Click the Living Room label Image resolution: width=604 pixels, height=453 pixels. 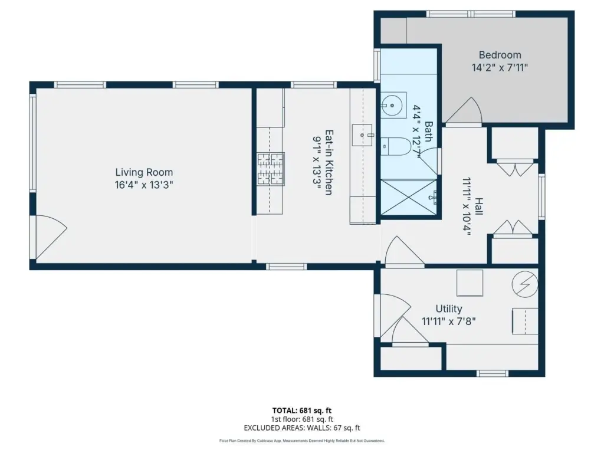(x=144, y=172)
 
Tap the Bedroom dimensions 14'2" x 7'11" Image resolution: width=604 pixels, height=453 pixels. (x=500, y=68)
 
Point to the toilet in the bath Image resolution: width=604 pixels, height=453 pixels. (x=396, y=147)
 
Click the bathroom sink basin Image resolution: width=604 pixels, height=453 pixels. (x=392, y=105)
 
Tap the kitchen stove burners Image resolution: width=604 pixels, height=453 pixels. (x=270, y=169)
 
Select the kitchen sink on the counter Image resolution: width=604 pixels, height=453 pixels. (x=363, y=135)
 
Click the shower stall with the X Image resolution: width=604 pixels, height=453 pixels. (x=409, y=197)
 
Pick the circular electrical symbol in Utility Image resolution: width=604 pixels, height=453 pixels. (x=524, y=285)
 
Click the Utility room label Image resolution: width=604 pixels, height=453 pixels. (x=449, y=308)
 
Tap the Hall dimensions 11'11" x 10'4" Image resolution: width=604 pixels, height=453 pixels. (x=467, y=206)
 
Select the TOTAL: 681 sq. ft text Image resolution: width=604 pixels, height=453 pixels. (x=301, y=411)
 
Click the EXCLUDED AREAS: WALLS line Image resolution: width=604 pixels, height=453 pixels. (x=301, y=428)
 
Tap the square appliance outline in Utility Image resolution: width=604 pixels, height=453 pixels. (x=470, y=283)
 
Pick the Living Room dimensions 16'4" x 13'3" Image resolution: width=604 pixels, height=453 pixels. (x=144, y=185)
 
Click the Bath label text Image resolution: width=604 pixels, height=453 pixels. (x=428, y=132)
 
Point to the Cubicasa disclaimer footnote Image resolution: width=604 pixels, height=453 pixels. (x=301, y=441)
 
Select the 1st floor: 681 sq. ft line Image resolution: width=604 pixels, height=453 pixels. (x=301, y=419)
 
